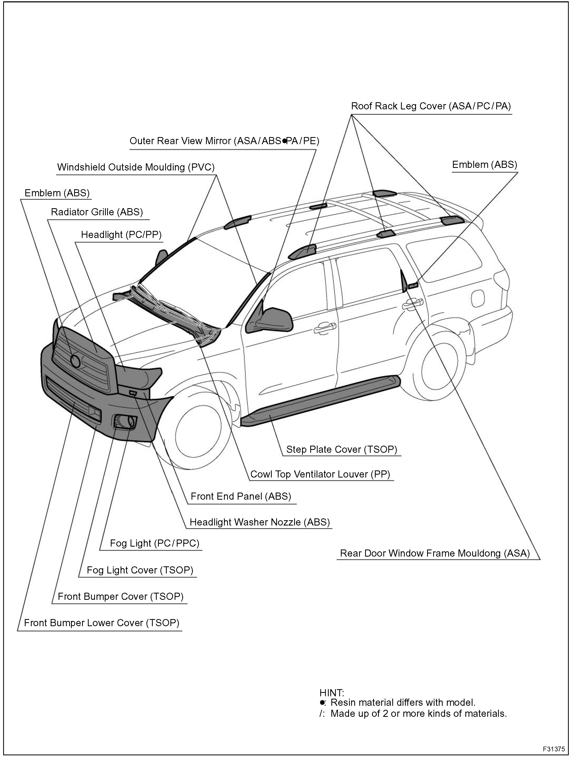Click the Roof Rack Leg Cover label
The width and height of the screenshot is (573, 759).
[431, 106]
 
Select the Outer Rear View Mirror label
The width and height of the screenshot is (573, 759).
[224, 141]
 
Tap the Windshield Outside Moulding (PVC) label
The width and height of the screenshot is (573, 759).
[136, 167]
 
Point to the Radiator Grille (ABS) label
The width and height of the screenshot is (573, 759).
[97, 212]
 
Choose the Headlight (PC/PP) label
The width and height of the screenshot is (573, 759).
[121, 235]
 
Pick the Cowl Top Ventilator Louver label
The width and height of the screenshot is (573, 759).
[320, 474]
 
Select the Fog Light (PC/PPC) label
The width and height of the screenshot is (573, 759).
[154, 543]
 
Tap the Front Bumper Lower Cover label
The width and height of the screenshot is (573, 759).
[101, 622]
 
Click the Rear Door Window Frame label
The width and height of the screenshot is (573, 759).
[434, 553]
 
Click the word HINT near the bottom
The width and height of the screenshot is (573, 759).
[332, 693]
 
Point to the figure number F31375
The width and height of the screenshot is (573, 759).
[553, 748]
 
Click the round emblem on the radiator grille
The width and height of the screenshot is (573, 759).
[75, 361]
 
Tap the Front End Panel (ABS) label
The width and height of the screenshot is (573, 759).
[241, 496]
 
